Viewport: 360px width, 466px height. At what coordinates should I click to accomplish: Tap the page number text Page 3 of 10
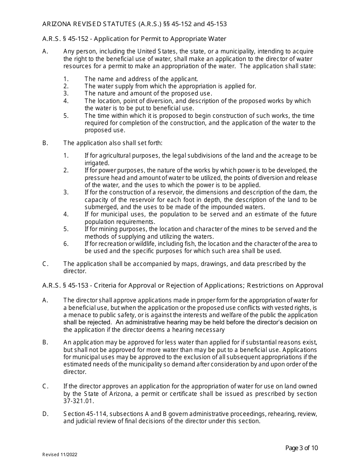301,448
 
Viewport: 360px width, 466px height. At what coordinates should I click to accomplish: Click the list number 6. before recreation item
66,244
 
